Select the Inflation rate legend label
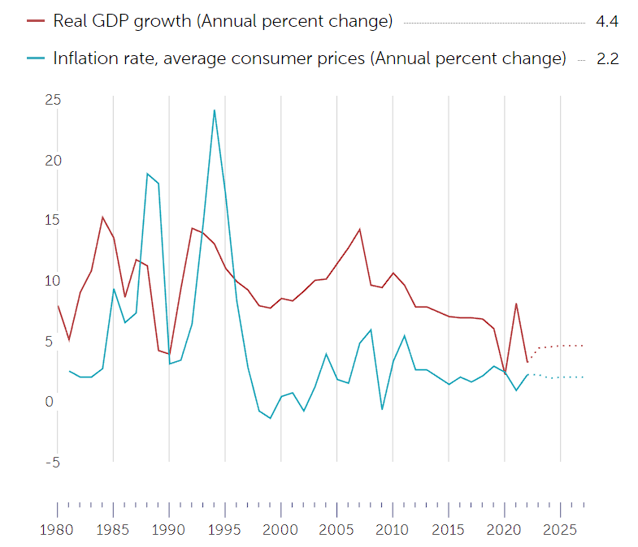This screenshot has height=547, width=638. [309, 58]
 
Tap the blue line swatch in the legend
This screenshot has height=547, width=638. [35, 58]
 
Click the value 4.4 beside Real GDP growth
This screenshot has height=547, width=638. [607, 22]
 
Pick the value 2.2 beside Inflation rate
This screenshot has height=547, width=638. [607, 58]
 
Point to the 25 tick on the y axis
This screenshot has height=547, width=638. [54, 100]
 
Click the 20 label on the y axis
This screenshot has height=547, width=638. [54, 161]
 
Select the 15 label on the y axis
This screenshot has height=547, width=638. [54, 221]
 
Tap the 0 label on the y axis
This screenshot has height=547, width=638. [50, 402]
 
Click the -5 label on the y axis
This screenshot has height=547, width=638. [52, 463]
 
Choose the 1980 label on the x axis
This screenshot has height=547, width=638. [57, 530]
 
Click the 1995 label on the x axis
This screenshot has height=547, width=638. [224, 530]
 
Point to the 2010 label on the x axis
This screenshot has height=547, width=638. [393, 530]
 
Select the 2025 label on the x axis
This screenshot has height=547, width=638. [560, 530]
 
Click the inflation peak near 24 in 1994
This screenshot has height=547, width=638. [214, 110]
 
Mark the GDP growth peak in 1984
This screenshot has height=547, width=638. [102, 217]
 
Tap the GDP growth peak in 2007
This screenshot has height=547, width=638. [359, 229]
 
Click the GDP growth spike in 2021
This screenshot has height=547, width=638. [516, 304]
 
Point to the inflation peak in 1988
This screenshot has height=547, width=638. [147, 174]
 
